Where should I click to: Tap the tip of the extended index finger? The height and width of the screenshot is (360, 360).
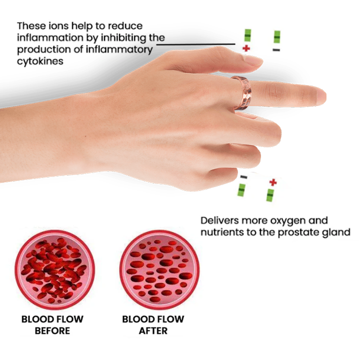(320, 95)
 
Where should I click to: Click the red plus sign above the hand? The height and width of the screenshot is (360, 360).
(246, 48)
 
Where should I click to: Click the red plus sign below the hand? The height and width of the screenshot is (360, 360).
(272, 182)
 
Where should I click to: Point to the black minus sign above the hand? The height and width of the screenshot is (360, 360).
(277, 50)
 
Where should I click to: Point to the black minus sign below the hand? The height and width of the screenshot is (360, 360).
(243, 177)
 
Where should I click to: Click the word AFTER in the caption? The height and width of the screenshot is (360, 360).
(152, 331)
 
